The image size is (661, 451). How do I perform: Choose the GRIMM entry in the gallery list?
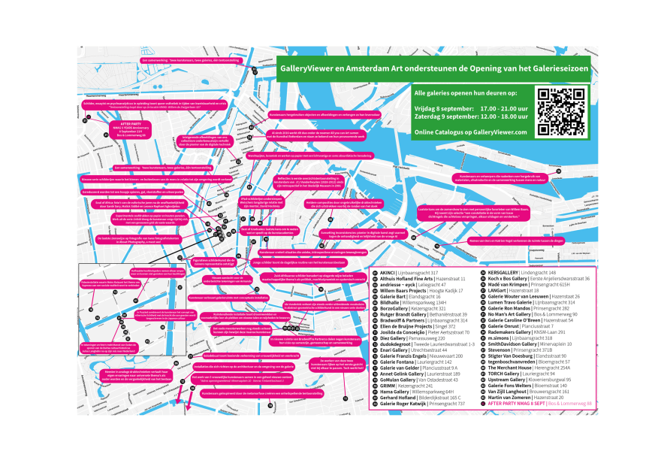pos(390,386)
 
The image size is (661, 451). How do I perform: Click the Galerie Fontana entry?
pos(398,362)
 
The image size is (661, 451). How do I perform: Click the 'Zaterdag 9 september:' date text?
pos(443,117)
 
